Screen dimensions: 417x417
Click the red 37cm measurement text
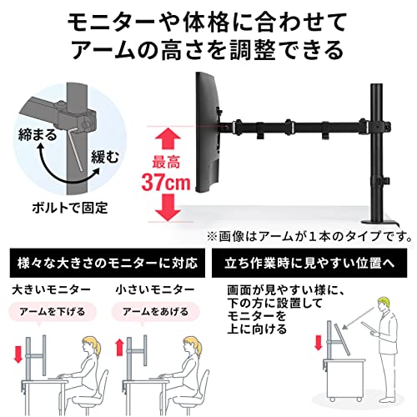point(166,182)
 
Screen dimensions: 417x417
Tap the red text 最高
point(166,163)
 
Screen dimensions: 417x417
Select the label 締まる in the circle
point(38,135)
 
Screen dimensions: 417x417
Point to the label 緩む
point(105,157)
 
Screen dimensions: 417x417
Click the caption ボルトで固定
point(70,208)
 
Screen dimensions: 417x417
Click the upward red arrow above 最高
point(168,139)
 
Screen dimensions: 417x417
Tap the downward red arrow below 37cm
point(168,208)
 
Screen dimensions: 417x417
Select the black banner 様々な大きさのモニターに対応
point(108,263)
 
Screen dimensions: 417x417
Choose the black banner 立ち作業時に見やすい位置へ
point(309,263)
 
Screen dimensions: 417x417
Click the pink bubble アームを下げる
point(53,312)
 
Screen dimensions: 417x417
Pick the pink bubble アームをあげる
point(156,312)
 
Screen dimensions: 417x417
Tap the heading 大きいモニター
point(51,289)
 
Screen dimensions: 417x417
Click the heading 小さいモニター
point(155,289)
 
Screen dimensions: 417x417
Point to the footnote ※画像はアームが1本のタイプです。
point(309,237)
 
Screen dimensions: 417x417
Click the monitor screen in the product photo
point(209,133)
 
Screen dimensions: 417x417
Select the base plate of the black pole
point(379,222)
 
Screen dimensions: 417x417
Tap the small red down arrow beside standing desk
point(319,343)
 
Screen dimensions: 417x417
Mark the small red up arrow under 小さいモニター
point(120,347)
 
